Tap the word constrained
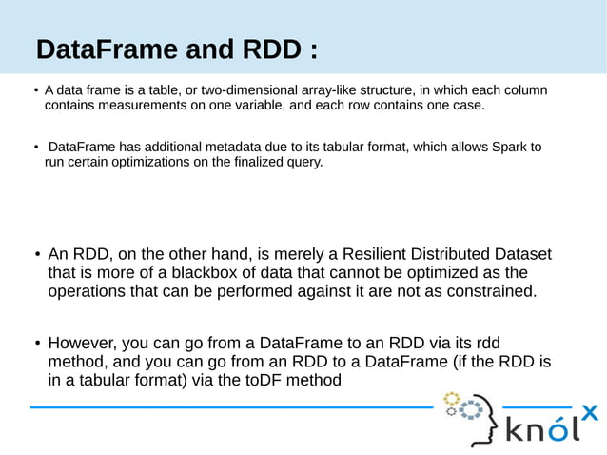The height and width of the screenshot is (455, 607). (491, 291)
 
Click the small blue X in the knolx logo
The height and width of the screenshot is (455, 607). (589, 413)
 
